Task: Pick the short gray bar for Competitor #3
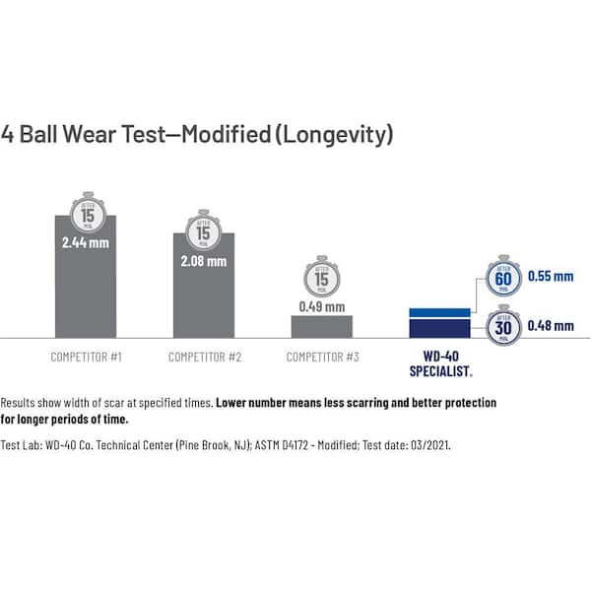(x=321, y=327)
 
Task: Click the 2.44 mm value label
(x=86, y=241)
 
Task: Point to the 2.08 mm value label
(x=203, y=261)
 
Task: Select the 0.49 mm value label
(x=321, y=306)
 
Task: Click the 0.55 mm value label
(x=549, y=277)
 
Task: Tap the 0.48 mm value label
(x=549, y=325)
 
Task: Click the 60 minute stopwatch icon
(x=503, y=279)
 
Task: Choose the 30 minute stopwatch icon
(x=503, y=325)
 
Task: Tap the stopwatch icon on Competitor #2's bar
(x=203, y=232)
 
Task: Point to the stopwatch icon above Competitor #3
(x=321, y=277)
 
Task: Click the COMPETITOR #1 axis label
(x=86, y=357)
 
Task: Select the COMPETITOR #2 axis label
(x=204, y=357)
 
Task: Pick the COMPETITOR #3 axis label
(x=321, y=357)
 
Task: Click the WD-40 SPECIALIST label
(x=439, y=363)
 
